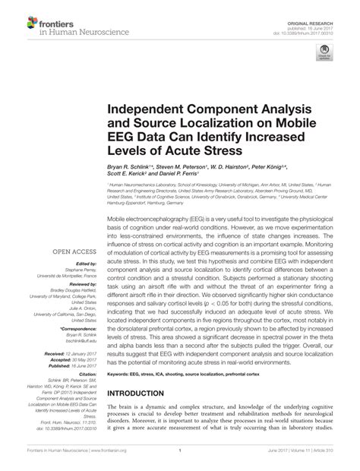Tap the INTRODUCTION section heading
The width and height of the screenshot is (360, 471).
tap(145, 394)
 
